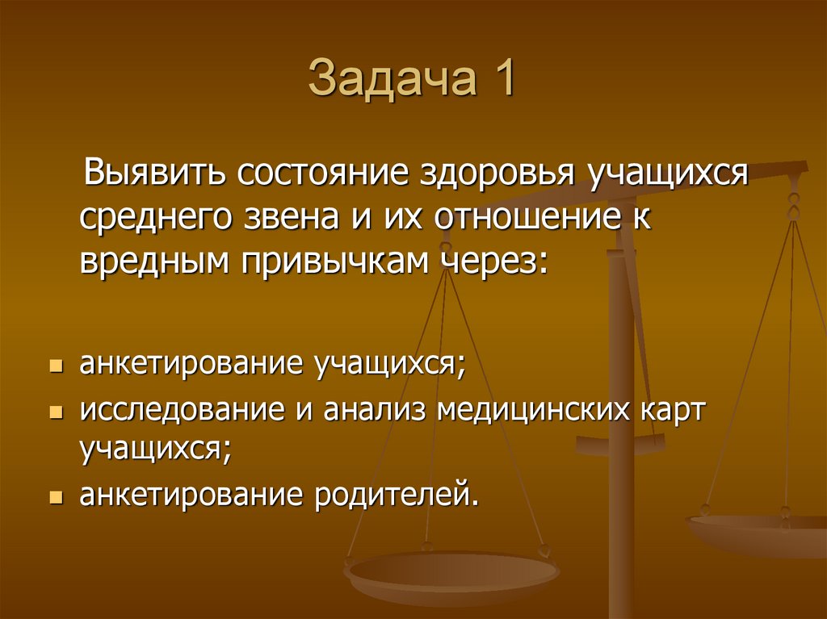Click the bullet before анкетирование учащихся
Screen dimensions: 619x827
pyautogui.click(x=55, y=366)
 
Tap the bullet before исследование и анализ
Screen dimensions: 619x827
pyautogui.click(x=55, y=413)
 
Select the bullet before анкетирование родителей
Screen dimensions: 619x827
pyautogui.click(x=55, y=496)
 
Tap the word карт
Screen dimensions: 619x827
pyautogui.click(x=673, y=412)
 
